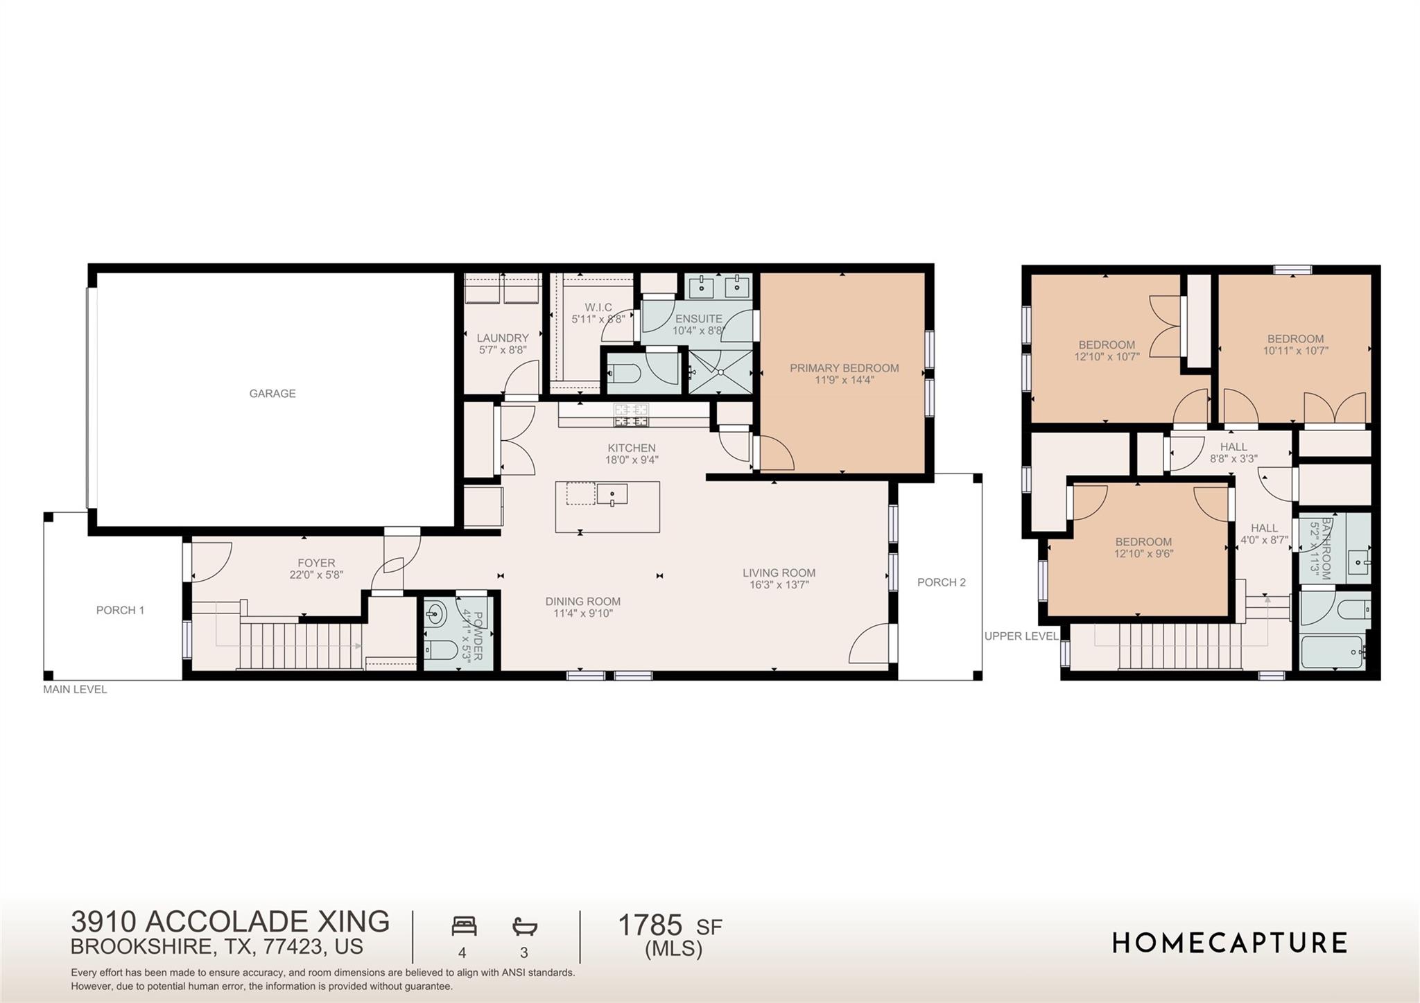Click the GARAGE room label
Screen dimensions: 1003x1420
click(x=272, y=394)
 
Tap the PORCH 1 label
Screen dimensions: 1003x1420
click(x=120, y=611)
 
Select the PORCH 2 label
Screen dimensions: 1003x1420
click(x=941, y=583)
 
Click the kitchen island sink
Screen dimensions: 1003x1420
click(x=612, y=494)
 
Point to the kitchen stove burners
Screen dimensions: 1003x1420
click(x=631, y=415)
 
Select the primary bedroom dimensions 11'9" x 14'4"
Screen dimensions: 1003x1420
click(x=844, y=380)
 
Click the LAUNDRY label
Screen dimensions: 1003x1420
click(x=503, y=338)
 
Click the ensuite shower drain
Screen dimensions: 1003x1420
click(x=721, y=373)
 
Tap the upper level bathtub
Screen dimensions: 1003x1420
click(x=1333, y=652)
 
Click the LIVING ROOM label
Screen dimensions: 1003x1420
click(x=779, y=573)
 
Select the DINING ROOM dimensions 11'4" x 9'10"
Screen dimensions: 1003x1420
click(x=582, y=613)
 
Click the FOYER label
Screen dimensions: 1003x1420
click(x=316, y=564)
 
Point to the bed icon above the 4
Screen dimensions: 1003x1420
click(x=464, y=926)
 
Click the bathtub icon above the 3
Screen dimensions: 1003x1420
click(x=525, y=926)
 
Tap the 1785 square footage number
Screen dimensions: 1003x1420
click(x=650, y=925)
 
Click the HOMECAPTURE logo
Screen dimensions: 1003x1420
click(x=1229, y=943)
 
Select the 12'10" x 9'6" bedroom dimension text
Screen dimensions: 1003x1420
click(x=1143, y=554)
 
